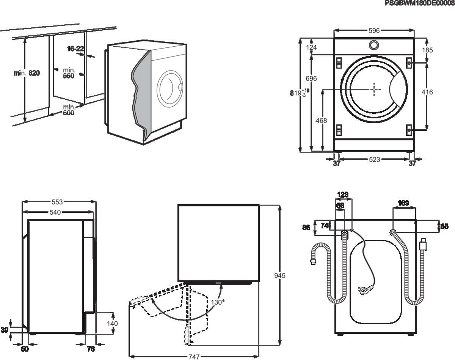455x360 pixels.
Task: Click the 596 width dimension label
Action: [x=374, y=31]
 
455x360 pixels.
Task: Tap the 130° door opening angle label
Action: [x=218, y=302]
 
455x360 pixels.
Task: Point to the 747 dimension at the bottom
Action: [x=194, y=357]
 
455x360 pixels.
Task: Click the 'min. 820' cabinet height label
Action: [x=27, y=73]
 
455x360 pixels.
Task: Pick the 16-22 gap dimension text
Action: [x=75, y=49]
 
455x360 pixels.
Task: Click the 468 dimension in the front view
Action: [x=322, y=121]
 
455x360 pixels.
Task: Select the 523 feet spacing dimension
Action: [x=374, y=160]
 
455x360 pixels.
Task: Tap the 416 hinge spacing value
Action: [x=427, y=92]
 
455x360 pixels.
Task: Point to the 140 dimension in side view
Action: [x=112, y=324]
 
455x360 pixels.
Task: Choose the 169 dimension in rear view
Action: [x=403, y=203]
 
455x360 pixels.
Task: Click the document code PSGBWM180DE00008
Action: [x=419, y=3]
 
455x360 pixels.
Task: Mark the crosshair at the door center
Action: [x=374, y=89]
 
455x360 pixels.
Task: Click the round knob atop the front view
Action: [x=374, y=45]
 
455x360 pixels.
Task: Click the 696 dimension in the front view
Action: [x=311, y=79]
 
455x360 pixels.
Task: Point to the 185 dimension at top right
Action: [x=428, y=50]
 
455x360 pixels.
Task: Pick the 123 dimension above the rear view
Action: [x=342, y=195]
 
